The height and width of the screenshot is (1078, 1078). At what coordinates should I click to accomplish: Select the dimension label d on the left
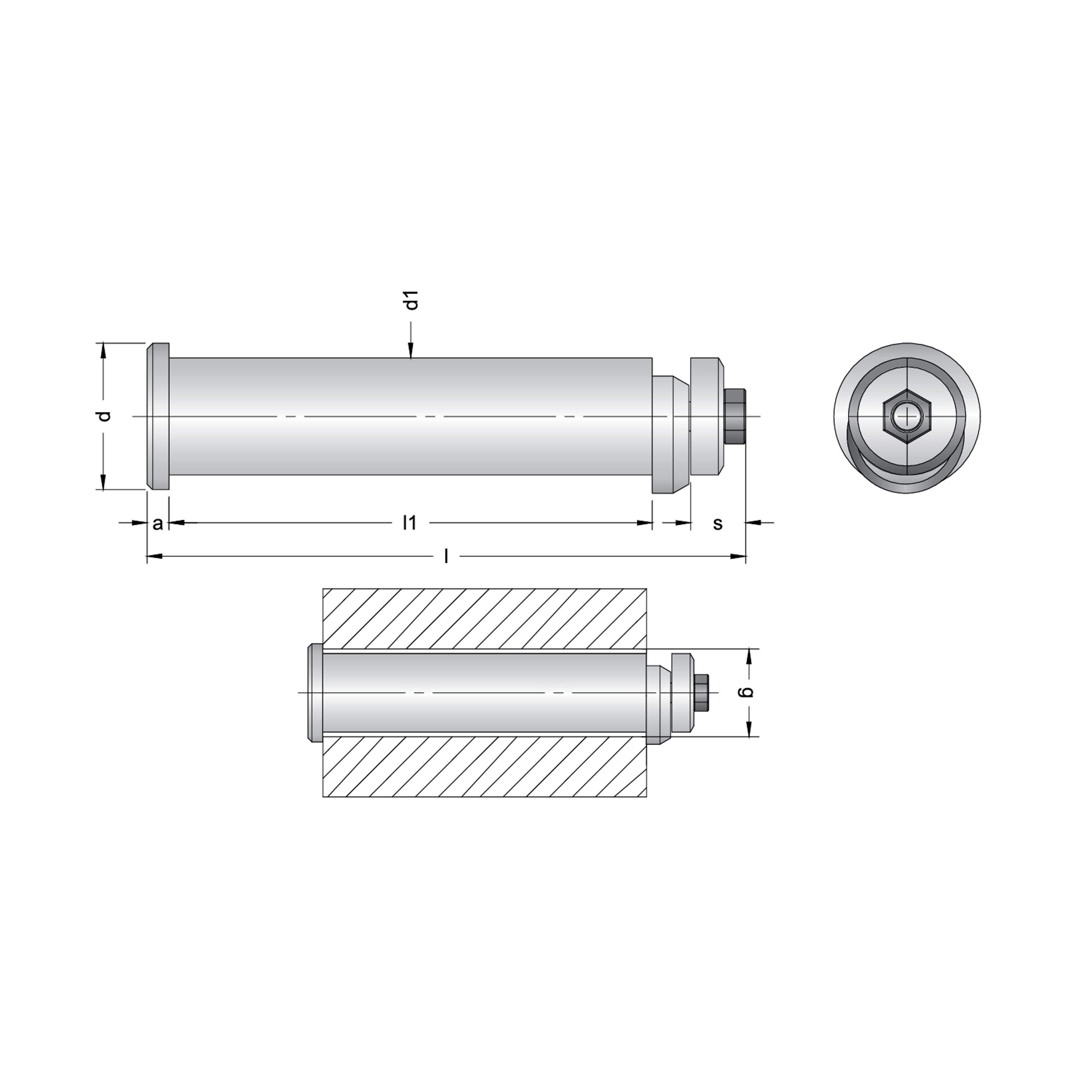tap(104, 416)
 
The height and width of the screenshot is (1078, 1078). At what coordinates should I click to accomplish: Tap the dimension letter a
tap(158, 524)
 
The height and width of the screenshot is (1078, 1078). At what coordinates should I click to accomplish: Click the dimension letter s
tap(718, 524)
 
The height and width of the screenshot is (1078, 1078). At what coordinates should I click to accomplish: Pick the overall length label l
tap(446, 556)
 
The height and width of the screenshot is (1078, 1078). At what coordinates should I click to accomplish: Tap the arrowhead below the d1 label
tap(411, 350)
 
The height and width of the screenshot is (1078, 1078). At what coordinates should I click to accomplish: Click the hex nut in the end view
tap(907, 417)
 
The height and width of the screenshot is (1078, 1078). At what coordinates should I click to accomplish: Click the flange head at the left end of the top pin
tap(158, 416)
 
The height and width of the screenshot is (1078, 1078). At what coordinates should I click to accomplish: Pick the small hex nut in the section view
tap(701, 692)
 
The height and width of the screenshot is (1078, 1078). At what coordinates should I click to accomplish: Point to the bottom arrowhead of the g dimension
tap(749, 729)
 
